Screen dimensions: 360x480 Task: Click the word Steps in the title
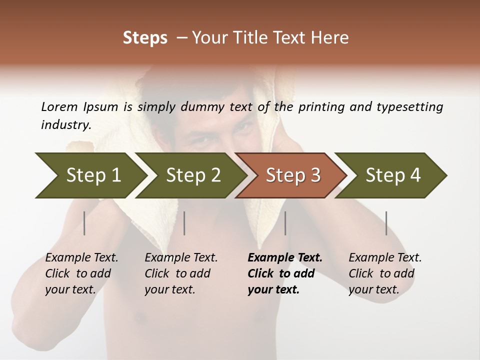pyautogui.click(x=145, y=38)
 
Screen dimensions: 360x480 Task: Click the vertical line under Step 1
pyautogui.click(x=84, y=223)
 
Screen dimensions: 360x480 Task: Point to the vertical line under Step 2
pyautogui.click(x=184, y=223)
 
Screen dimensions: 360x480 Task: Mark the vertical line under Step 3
pyautogui.click(x=285, y=223)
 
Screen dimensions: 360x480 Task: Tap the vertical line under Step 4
pyautogui.click(x=386, y=223)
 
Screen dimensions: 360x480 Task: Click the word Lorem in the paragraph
pyautogui.click(x=59, y=106)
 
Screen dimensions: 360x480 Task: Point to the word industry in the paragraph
pyautogui.click(x=66, y=125)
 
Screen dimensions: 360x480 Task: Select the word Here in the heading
pyautogui.click(x=330, y=38)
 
